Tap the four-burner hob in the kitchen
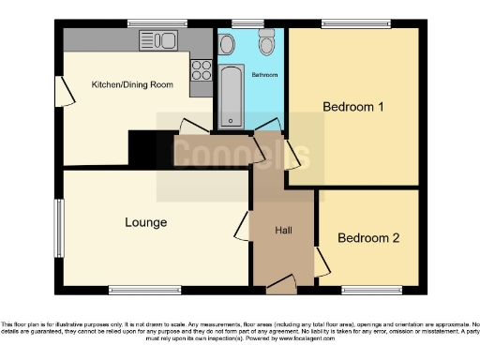201,68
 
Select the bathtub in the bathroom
230,97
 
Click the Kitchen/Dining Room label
132,85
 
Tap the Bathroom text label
265,75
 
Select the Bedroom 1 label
353,107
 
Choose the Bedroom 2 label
368,238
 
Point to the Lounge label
145,222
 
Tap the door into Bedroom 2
321,260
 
